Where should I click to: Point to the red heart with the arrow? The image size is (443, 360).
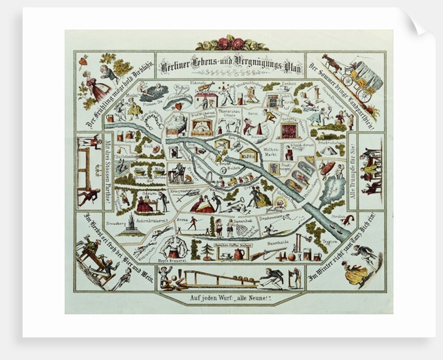point(179,106)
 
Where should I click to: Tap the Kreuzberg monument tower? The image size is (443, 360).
point(129,223)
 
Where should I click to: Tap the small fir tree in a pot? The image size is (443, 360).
point(207,250)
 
